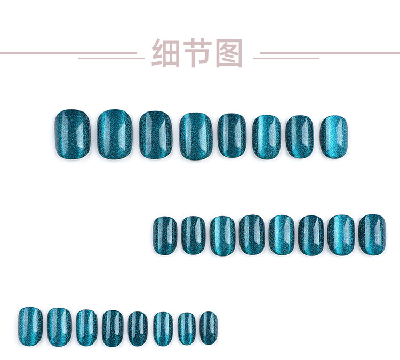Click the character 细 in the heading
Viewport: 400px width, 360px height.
(165, 53)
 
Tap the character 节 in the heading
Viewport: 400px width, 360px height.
(197, 53)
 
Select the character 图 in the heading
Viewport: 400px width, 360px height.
(229, 53)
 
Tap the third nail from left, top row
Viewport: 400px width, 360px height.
(156, 134)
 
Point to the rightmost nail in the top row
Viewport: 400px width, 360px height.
(334, 137)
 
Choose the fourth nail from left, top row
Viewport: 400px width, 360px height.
(196, 135)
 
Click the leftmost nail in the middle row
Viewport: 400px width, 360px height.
(165, 235)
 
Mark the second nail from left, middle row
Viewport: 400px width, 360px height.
(193, 235)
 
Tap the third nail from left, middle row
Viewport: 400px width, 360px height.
(222, 235)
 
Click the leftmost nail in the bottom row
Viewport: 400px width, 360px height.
(30, 325)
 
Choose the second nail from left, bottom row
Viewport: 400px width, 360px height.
(59, 325)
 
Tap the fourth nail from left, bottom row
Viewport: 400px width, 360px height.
(113, 328)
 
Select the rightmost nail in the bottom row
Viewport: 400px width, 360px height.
(209, 328)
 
